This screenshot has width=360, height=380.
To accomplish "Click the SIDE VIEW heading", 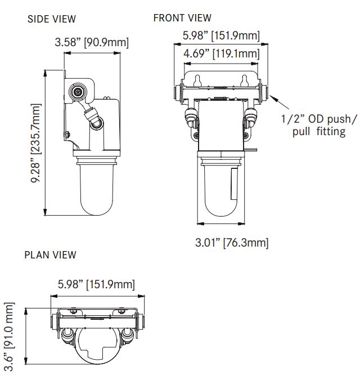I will pyautogui.click(x=52, y=19).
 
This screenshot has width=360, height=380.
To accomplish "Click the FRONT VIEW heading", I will pyautogui.click(x=182, y=18).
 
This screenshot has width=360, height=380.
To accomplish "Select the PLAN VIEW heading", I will pyautogui.click(x=50, y=255).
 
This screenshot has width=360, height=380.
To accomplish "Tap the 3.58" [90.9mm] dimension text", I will pyautogui.click(x=92, y=42).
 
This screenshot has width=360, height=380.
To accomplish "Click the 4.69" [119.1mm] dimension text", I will pyautogui.click(x=222, y=54).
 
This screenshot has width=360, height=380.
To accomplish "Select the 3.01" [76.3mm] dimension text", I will pyautogui.click(x=231, y=243).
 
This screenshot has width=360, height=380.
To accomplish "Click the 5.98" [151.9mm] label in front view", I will pyautogui.click(x=221, y=36).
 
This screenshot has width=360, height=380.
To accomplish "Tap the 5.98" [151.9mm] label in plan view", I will pyautogui.click(x=96, y=285).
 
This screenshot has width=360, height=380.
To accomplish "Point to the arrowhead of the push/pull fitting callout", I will pyautogui.click(x=272, y=97).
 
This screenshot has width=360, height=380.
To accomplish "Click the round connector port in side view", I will pyautogui.click(x=77, y=91).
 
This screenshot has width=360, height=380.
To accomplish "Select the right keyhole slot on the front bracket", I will pyautogui.click(x=244, y=79).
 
